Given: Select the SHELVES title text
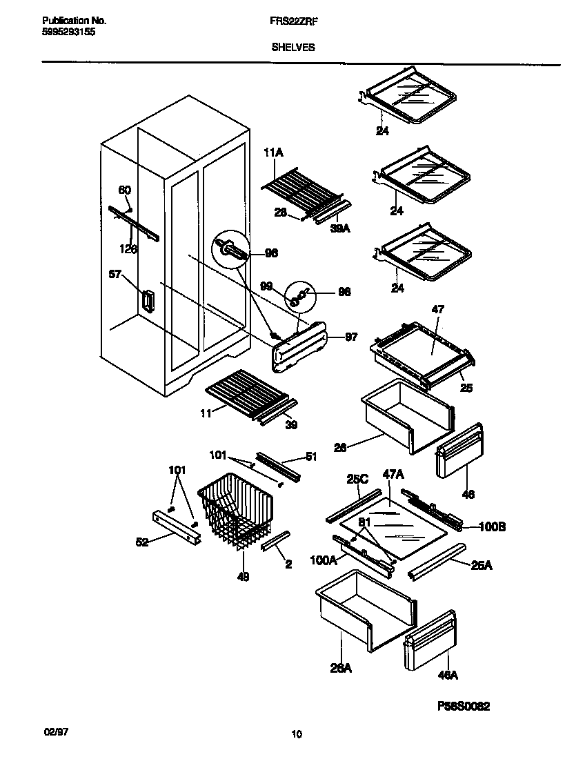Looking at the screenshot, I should pyautogui.click(x=293, y=48).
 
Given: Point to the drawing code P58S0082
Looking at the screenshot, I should pyautogui.click(x=464, y=707).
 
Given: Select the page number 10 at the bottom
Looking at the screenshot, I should pyautogui.click(x=296, y=734).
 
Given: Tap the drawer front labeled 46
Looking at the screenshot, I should pyautogui.click(x=459, y=450).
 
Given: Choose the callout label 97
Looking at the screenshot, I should pyautogui.click(x=351, y=337).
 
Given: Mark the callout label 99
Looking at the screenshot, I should pyautogui.click(x=266, y=285).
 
